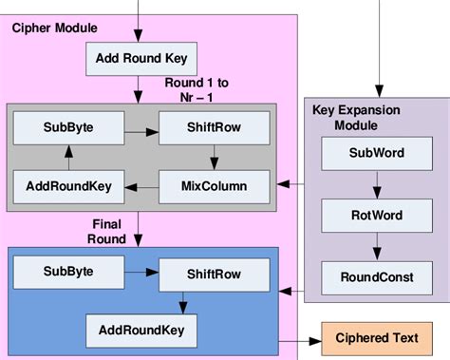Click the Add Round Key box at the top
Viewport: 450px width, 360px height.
(141, 60)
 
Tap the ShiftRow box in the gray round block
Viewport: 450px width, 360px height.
(214, 127)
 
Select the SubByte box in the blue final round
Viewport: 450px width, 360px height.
(67, 271)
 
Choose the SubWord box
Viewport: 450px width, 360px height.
(377, 154)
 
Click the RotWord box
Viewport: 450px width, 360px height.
(377, 216)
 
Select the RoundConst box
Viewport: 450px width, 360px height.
(377, 276)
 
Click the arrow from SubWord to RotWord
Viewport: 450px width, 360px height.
(377, 184)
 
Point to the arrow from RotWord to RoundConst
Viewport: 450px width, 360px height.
(377, 246)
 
